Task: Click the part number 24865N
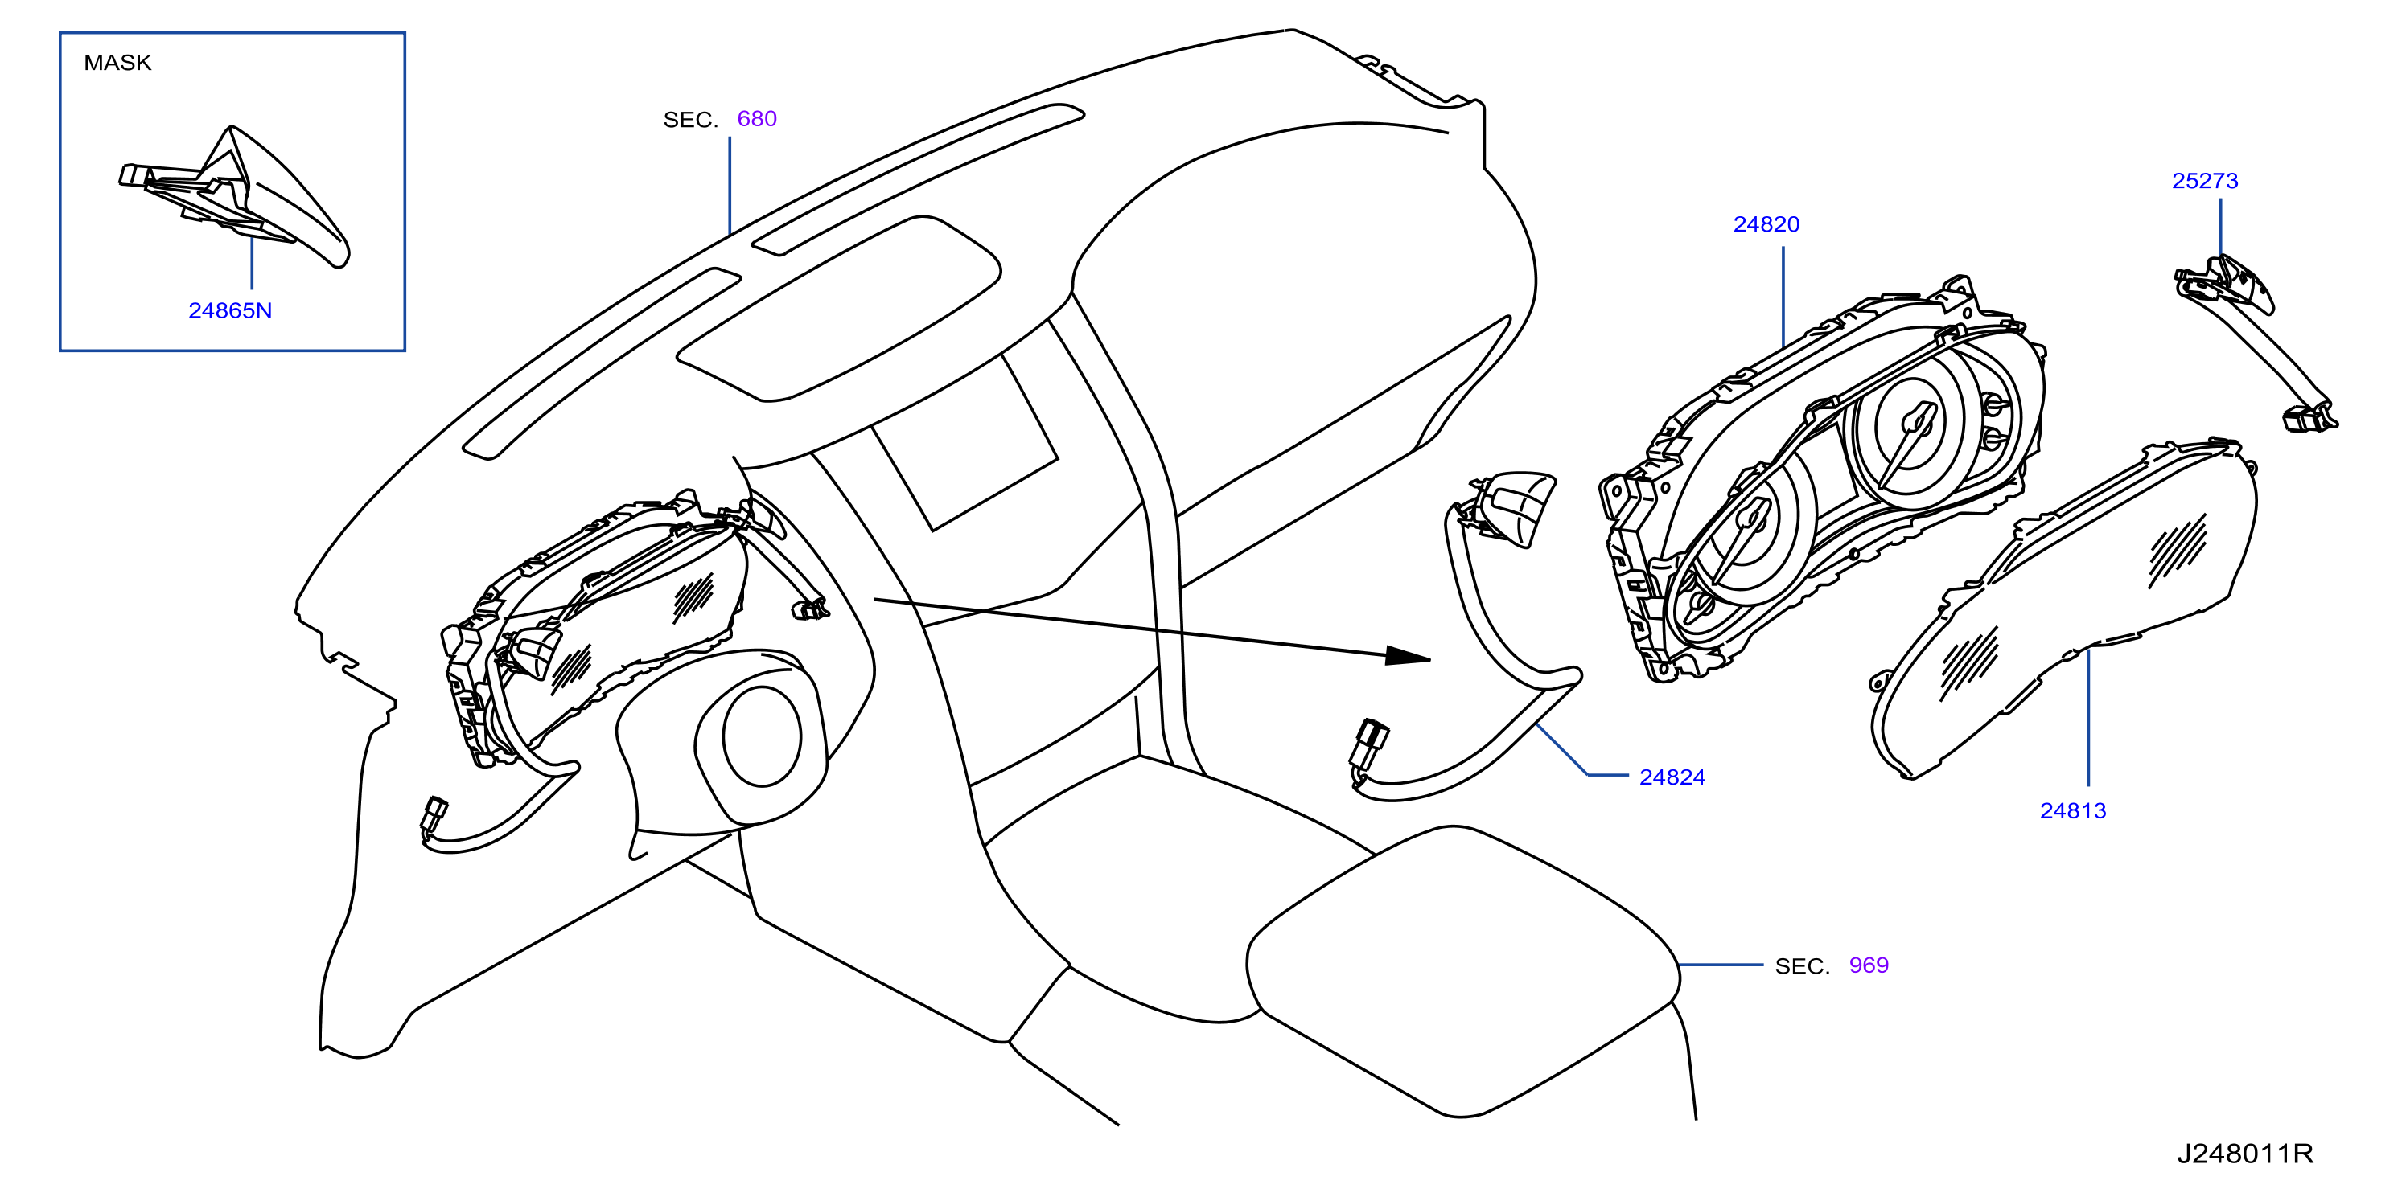tap(230, 311)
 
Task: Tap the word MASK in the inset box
tap(117, 63)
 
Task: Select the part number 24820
tap(1766, 224)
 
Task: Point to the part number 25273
tap(2205, 181)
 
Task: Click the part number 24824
tap(1672, 777)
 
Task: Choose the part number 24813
tap(2072, 811)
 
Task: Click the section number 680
tap(756, 118)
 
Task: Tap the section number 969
tap(1869, 965)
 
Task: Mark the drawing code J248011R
tap(2245, 1154)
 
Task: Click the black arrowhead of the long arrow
tap(1408, 656)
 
